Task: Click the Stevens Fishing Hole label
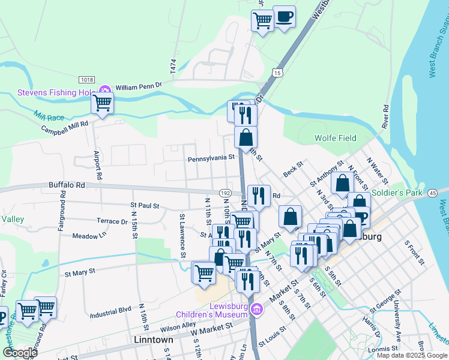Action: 55,92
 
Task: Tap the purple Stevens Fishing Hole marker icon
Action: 105,91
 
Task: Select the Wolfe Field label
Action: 335,138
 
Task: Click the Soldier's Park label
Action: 397,193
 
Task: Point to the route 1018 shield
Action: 87,80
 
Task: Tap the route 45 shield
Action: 432,193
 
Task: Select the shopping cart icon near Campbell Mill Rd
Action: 102,103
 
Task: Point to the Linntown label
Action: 152,340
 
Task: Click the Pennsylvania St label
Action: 211,159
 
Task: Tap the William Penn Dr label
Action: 139,87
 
